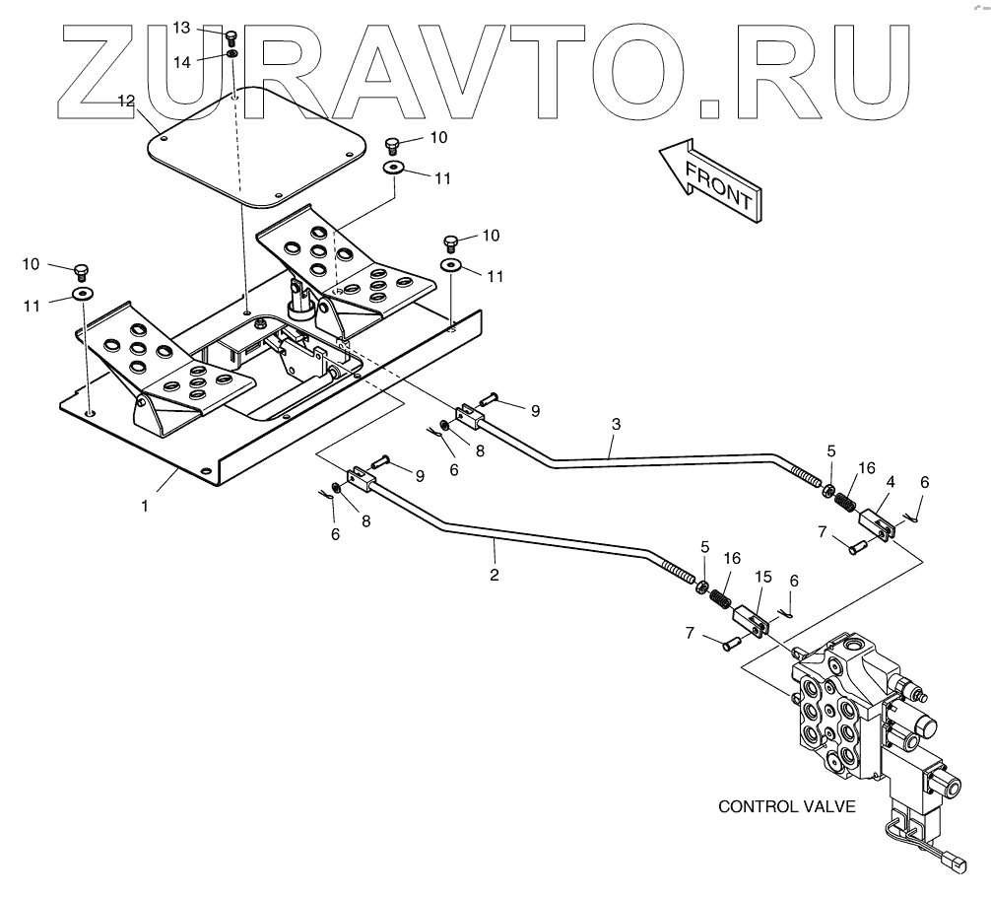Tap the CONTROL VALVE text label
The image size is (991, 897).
[x=786, y=806]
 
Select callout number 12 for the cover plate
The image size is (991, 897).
[x=126, y=102]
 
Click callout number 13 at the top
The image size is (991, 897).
[x=181, y=28]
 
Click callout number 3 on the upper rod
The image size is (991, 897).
[x=616, y=425]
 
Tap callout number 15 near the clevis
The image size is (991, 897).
[x=763, y=575]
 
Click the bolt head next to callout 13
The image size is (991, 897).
[x=232, y=37]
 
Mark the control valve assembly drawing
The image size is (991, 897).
[x=867, y=720]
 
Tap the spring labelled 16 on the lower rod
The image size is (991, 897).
[x=720, y=596]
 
